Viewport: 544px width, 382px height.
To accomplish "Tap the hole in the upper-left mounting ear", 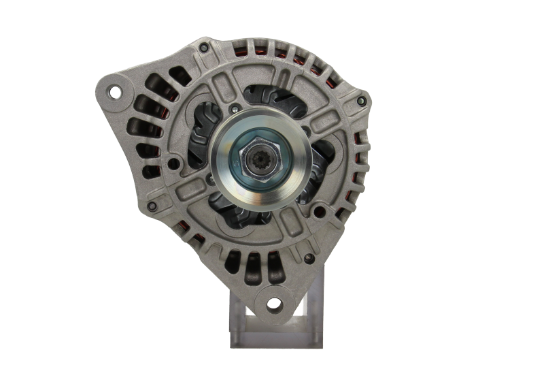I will click(114, 91).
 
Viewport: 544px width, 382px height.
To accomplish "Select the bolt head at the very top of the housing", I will click(203, 48).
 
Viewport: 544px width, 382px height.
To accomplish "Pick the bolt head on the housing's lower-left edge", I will click(152, 206).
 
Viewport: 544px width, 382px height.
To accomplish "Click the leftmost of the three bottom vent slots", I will click(233, 261).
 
